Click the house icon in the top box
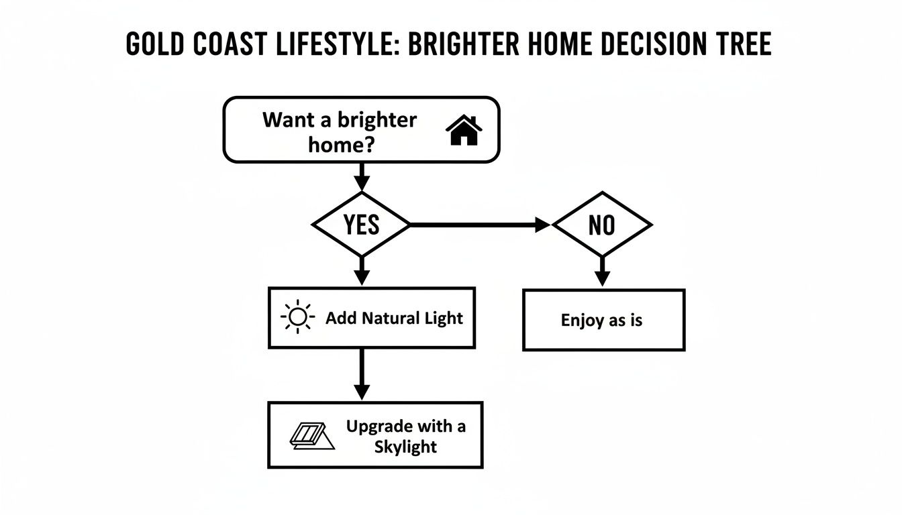(464, 130)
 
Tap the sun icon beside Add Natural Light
(298, 317)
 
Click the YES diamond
(362, 225)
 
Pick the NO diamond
(601, 225)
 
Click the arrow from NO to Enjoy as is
(602, 272)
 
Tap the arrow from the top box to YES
(362, 178)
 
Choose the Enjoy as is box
(603, 320)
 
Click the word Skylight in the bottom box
(405, 447)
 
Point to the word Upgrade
(379, 426)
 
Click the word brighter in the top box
(377, 121)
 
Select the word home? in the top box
(340, 144)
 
